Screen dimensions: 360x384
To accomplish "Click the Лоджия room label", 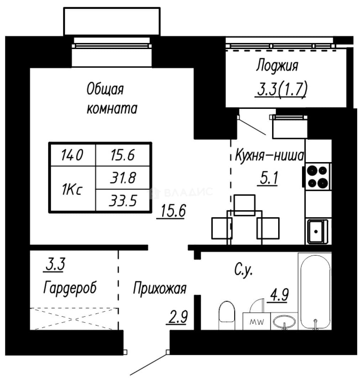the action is pyautogui.click(x=277, y=66).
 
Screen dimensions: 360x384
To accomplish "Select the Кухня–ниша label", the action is pyautogui.click(x=269, y=155).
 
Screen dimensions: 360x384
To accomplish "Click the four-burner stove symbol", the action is pyautogui.click(x=318, y=176).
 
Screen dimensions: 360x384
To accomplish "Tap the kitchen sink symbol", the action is pyautogui.click(x=318, y=231).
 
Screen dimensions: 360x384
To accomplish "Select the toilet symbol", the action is pyautogui.click(x=227, y=315).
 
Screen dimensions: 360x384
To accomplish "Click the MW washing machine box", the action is pyautogui.click(x=256, y=321).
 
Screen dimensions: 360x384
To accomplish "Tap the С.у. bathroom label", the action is pyautogui.click(x=243, y=270).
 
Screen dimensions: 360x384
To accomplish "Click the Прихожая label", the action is pyautogui.click(x=159, y=289).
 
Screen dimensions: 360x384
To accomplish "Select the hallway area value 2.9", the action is pyautogui.click(x=178, y=317).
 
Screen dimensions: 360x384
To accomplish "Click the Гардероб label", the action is pyautogui.click(x=70, y=288).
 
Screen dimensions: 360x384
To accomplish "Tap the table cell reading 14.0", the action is pyautogui.click(x=72, y=155).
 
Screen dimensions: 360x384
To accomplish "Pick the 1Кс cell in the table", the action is pyautogui.click(x=72, y=189).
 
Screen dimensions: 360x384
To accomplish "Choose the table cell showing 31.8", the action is pyautogui.click(x=122, y=178).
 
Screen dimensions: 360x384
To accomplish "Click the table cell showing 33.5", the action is pyautogui.click(x=122, y=200).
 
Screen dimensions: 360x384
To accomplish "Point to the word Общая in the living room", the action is pyautogui.click(x=105, y=89).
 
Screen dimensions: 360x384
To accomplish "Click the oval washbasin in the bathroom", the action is pyautogui.click(x=284, y=321).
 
